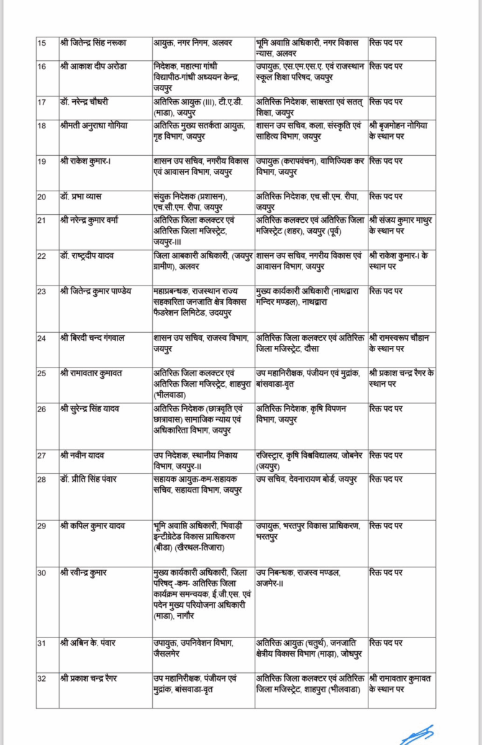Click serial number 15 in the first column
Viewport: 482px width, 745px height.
(42, 43)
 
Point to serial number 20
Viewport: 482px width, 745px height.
(42, 197)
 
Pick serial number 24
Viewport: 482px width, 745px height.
(42, 338)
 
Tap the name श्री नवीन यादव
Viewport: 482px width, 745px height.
(82, 455)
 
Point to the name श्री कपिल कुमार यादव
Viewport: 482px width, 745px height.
(93, 526)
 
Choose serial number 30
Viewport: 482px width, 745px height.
(42, 572)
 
